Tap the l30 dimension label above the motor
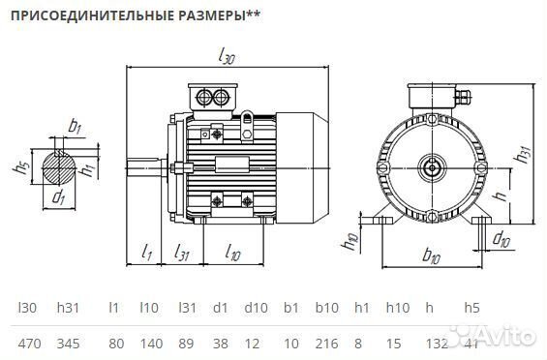click(x=226, y=58)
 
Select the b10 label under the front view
click(x=433, y=256)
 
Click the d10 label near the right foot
click(x=500, y=238)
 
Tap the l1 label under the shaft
click(x=147, y=254)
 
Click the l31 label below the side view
click(x=181, y=254)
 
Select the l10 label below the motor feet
click(x=233, y=254)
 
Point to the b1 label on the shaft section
click(x=76, y=126)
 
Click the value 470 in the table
click(x=29, y=343)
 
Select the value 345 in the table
click(x=68, y=343)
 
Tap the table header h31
click(x=68, y=308)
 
